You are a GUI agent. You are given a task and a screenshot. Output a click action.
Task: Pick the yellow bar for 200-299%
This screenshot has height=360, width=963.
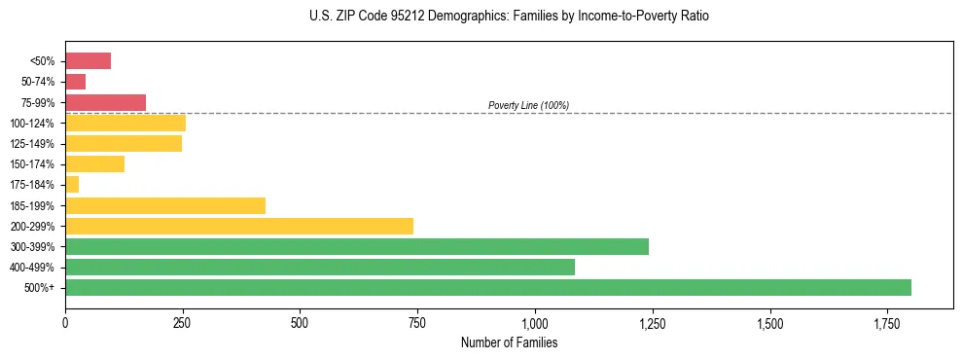pyautogui.click(x=239, y=226)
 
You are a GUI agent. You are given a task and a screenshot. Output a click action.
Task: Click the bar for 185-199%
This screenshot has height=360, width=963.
pyautogui.click(x=165, y=205)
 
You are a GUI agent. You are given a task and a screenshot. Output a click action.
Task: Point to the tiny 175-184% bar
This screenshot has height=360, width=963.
pyautogui.click(x=72, y=184)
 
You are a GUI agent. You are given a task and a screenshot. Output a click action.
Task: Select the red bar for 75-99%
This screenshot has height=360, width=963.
pyautogui.click(x=105, y=102)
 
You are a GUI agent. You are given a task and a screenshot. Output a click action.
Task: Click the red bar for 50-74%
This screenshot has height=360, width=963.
pyautogui.click(x=76, y=82)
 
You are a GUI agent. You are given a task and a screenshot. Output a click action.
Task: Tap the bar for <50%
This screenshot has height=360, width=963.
pyautogui.click(x=88, y=61)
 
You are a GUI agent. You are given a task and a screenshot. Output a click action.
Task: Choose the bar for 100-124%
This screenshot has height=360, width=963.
pyautogui.click(x=125, y=123)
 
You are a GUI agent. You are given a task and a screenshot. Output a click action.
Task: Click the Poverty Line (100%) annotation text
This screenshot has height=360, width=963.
pyautogui.click(x=528, y=105)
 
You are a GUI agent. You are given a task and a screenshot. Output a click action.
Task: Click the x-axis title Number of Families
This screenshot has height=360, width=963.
pyautogui.click(x=509, y=342)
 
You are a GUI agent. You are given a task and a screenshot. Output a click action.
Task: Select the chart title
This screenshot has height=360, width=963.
pyautogui.click(x=509, y=17)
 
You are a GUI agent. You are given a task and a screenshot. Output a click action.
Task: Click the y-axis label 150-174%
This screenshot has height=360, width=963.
pyautogui.click(x=32, y=164)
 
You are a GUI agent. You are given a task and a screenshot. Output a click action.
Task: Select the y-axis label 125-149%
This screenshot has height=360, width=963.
pyautogui.click(x=32, y=144)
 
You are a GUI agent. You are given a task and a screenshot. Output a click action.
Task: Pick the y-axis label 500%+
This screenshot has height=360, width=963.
pyautogui.click(x=40, y=288)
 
